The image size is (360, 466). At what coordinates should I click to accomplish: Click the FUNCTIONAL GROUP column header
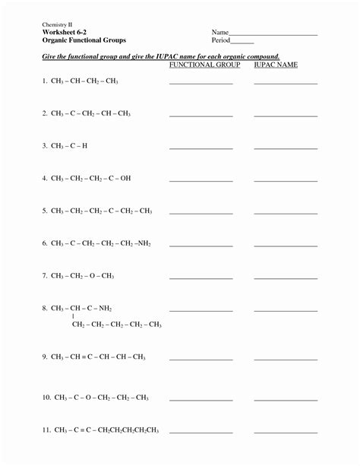(204, 65)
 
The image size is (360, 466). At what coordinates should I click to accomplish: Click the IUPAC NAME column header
(276, 65)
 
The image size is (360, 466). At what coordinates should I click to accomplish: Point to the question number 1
(44, 81)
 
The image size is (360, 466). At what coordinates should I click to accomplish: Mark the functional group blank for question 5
(201, 214)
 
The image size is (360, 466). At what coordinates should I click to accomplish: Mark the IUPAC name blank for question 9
(286, 359)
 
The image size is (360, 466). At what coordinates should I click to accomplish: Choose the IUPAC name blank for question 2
(286, 116)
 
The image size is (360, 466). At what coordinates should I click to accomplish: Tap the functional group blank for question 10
(201, 399)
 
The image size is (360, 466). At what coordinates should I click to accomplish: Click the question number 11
(46, 430)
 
